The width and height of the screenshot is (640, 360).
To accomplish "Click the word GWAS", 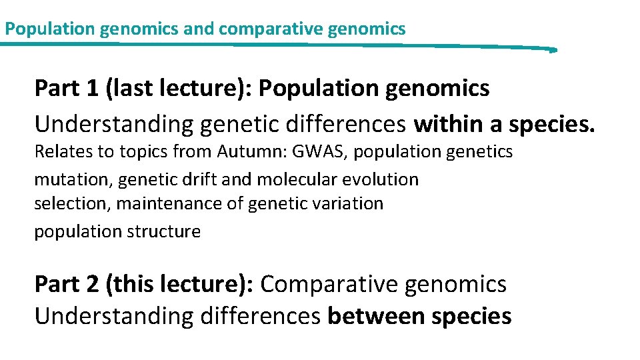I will click(x=324, y=152).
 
